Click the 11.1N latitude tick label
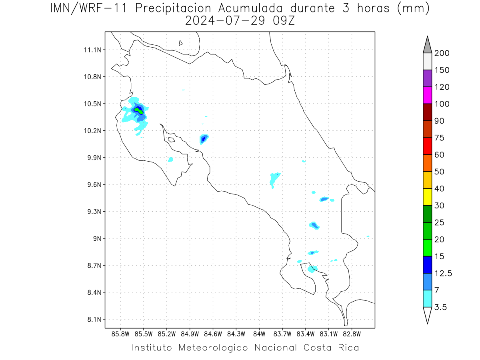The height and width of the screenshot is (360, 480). (x=92, y=50)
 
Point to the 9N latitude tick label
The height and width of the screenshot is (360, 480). (x=97, y=238)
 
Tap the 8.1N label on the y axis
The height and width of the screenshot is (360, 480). (x=94, y=319)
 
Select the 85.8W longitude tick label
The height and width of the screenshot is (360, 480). (x=120, y=334)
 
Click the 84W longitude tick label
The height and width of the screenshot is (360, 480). (x=259, y=334)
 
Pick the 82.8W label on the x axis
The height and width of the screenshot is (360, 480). (x=352, y=334)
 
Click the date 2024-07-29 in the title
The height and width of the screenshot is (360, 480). (x=225, y=21)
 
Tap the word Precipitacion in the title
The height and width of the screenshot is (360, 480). (x=173, y=8)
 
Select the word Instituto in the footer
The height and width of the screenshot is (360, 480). (x=152, y=348)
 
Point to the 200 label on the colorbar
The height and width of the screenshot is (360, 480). (x=442, y=53)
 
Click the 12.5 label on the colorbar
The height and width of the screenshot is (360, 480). (x=443, y=274)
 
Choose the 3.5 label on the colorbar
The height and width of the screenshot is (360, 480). (x=440, y=307)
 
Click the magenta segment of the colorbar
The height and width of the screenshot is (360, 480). (x=427, y=95)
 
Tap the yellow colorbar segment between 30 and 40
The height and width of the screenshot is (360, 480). (x=427, y=197)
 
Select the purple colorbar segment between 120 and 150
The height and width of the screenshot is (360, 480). (x=427, y=78)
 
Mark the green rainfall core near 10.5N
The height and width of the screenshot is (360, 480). (x=139, y=110)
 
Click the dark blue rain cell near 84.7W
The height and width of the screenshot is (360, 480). (x=204, y=139)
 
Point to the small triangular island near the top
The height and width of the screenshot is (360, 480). (x=180, y=43)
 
